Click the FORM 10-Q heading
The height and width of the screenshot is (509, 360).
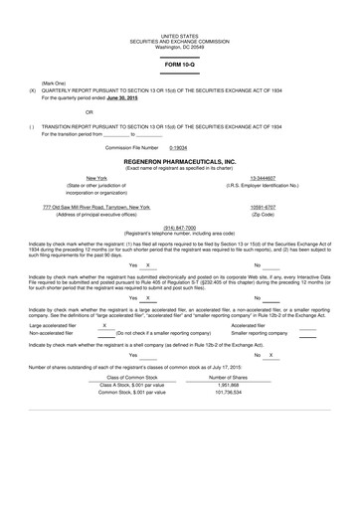coord(179,64)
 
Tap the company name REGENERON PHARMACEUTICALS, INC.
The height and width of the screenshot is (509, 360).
coord(179,159)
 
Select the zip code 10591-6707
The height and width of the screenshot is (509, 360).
coord(263,207)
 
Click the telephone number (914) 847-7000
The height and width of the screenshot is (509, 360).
coord(179,227)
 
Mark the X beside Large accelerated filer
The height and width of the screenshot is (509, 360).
coord(105,324)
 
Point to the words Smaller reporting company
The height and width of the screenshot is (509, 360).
coord(259,333)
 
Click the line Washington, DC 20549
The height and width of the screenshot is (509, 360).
coord(179,47)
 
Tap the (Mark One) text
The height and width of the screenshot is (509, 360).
coord(54,82)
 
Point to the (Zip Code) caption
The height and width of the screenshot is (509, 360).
coord(263,215)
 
